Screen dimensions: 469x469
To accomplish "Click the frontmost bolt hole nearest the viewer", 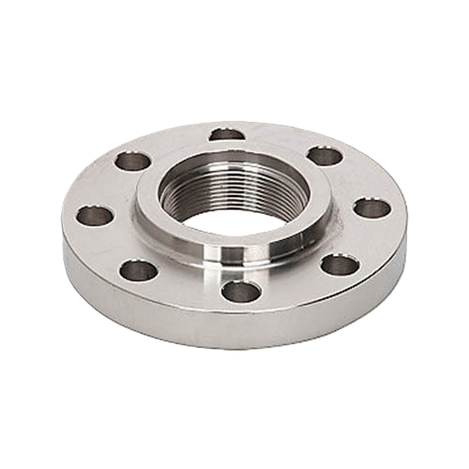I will pos(240,291).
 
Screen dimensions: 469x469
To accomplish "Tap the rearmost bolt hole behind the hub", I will pos(228,134).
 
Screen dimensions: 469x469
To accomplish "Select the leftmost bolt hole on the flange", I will pos(94,216).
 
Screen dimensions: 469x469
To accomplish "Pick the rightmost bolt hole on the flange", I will pos(372,208).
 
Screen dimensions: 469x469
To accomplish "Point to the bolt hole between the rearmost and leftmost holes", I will pos(133,160).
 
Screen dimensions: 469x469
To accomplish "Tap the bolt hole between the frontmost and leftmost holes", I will pos(139,271).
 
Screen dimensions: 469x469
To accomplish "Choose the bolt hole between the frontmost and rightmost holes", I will pos(340,265).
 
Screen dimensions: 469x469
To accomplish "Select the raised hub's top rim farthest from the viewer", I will pos(234,151).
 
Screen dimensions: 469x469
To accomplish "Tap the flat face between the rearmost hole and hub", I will pos(228,144).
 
